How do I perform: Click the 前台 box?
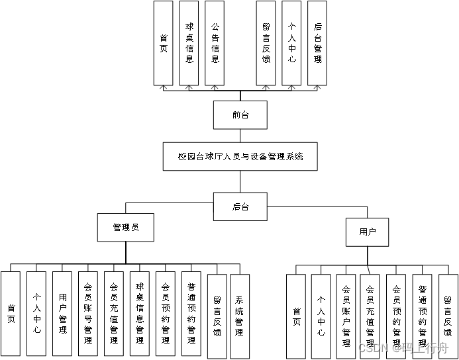pos(240,114)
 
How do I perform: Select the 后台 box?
pos(240,206)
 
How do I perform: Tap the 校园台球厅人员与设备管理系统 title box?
pos(240,157)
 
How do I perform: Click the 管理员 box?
pos(126,228)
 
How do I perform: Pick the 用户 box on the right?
pos(368,232)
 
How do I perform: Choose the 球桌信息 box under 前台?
pos(189,43)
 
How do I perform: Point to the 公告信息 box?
pos(215,43)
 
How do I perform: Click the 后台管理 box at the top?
pos(317,43)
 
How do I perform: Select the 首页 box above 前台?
pos(164,43)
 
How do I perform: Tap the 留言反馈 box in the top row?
pos(266,43)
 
